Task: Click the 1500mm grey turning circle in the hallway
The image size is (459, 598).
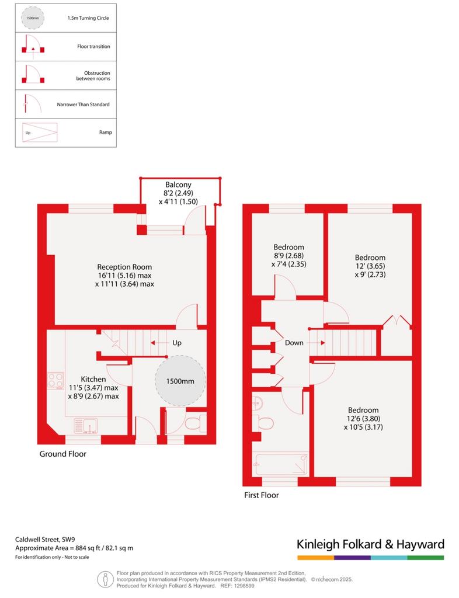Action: (180, 381)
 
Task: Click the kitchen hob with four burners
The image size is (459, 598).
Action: (55, 381)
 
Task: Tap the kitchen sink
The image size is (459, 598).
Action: (85, 426)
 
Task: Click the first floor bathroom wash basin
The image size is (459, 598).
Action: (257, 402)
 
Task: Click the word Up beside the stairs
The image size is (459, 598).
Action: (177, 342)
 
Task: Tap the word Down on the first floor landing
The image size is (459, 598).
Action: (294, 342)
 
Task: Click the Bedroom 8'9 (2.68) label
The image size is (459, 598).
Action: (289, 256)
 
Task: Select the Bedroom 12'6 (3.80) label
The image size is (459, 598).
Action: (363, 418)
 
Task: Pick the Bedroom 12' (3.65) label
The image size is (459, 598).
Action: (370, 266)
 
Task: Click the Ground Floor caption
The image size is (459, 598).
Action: (63, 454)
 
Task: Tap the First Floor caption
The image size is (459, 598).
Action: (262, 495)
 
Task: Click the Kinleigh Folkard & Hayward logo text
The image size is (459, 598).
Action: (371, 544)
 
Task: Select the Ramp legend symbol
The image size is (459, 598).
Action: (40, 133)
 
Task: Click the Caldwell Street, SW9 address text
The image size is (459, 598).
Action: (45, 539)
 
